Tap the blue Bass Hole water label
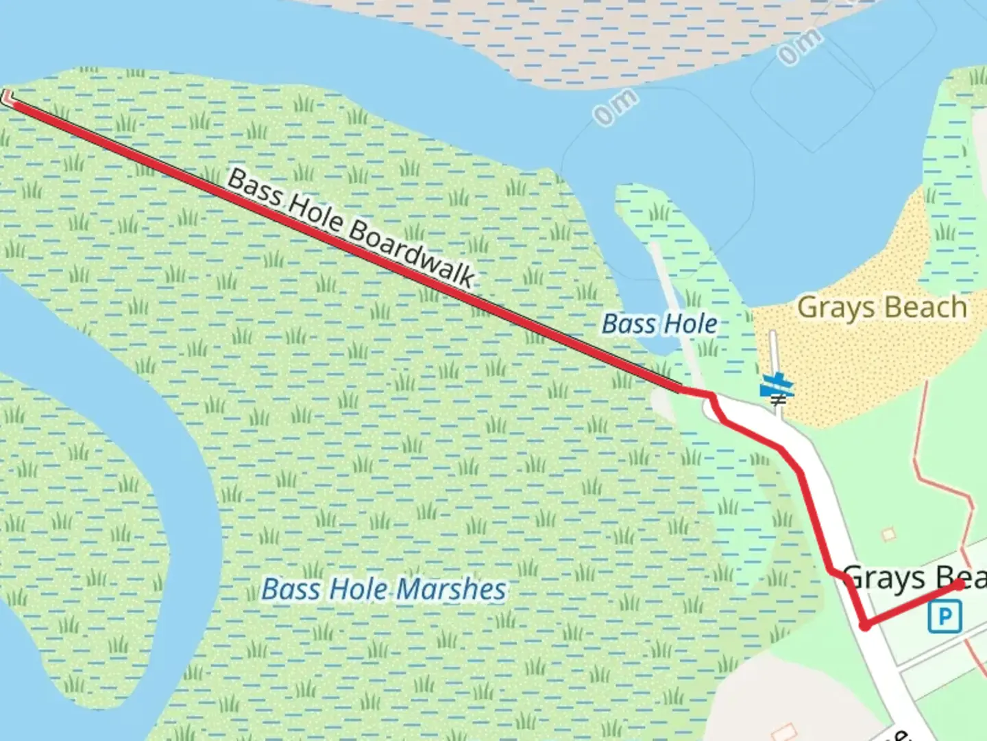tap(659, 324)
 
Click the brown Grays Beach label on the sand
tap(881, 307)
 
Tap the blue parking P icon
tap(945, 616)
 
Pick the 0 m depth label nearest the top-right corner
tap(799, 47)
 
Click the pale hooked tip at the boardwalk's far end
tap(8, 98)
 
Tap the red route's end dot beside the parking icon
tap(959, 585)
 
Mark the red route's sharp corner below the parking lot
tap(866, 625)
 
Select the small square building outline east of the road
tap(889, 534)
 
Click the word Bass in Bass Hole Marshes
tap(291, 589)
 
